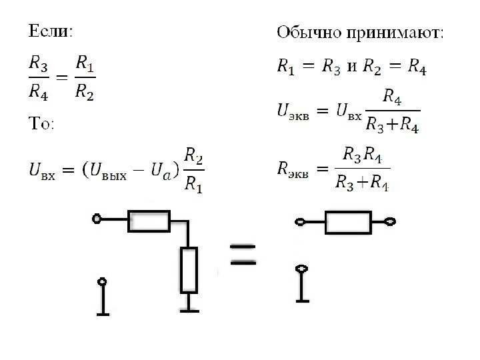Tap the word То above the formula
coord(39,125)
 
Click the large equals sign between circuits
coord(243,255)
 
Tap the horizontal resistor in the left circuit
coord(149,221)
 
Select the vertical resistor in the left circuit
coord(190,269)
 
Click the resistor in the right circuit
coord(348,222)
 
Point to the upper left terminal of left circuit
coord(97,219)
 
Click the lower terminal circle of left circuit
coord(102,282)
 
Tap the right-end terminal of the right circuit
coord(391,221)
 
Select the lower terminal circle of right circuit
coord(303,270)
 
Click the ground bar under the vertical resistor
coord(190,309)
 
